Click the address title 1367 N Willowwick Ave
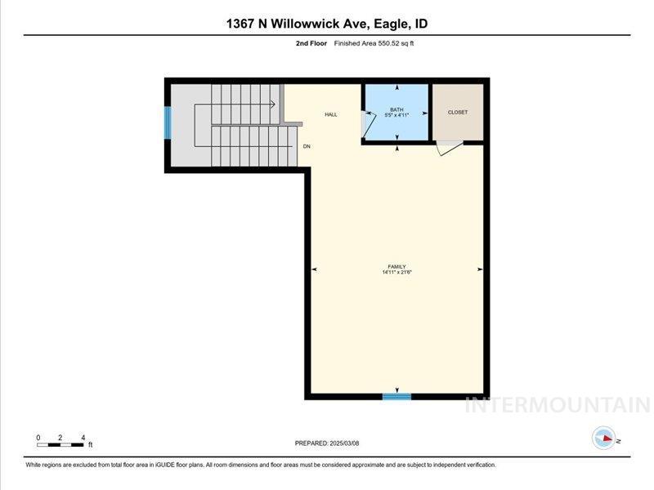click(x=327, y=24)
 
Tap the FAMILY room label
click(x=396, y=266)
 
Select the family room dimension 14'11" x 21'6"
click(x=396, y=272)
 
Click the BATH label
click(x=396, y=109)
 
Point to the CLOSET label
click(x=458, y=112)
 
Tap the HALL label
click(x=331, y=114)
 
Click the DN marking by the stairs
click(x=307, y=146)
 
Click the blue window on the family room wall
click(x=396, y=397)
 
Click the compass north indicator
click(x=605, y=439)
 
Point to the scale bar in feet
click(x=61, y=444)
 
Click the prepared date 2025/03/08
click(x=327, y=443)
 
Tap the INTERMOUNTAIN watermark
click(x=557, y=404)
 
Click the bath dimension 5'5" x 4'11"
click(x=396, y=115)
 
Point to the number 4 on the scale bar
click(x=83, y=438)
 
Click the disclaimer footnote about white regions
click(x=261, y=465)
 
